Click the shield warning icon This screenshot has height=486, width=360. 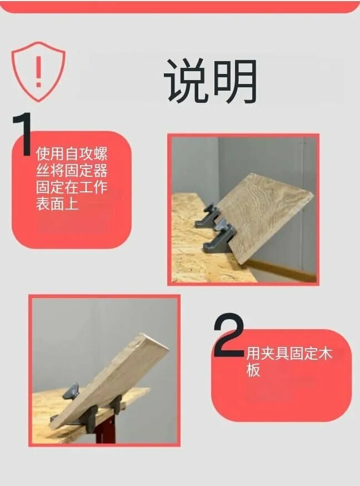(38, 72)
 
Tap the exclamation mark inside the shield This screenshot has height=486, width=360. (38, 72)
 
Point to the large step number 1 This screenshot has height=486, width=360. (22, 134)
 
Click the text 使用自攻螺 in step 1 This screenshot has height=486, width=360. (72, 153)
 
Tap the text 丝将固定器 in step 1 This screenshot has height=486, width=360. (72, 170)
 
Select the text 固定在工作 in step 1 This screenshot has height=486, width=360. (72, 187)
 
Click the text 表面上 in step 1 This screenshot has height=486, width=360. (57, 204)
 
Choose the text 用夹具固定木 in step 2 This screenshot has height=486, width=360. (289, 354)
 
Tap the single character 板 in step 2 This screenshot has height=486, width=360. (253, 370)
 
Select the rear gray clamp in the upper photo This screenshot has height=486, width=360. (207, 215)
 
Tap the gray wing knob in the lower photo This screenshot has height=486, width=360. (71, 391)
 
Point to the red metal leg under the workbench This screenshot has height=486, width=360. (104, 433)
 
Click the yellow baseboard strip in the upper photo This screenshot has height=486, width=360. (282, 269)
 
